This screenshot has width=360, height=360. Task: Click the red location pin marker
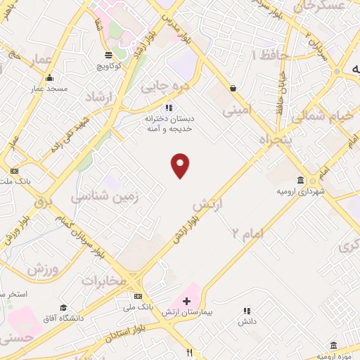(x=181, y=165)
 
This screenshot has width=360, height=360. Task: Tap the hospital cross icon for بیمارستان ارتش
(x=186, y=302)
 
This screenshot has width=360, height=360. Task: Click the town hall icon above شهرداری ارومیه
(x=301, y=180)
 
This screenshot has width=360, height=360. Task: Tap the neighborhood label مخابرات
(x=104, y=281)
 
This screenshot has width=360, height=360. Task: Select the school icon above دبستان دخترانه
(x=168, y=108)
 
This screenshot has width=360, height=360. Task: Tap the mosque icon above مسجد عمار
(x=49, y=79)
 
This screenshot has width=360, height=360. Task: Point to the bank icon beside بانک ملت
(x=13, y=171)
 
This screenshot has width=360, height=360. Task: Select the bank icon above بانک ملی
(x=139, y=296)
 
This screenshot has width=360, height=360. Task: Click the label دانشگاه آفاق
(x=64, y=318)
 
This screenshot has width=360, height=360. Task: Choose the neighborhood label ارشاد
(x=98, y=96)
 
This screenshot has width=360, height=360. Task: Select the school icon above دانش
(x=246, y=310)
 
